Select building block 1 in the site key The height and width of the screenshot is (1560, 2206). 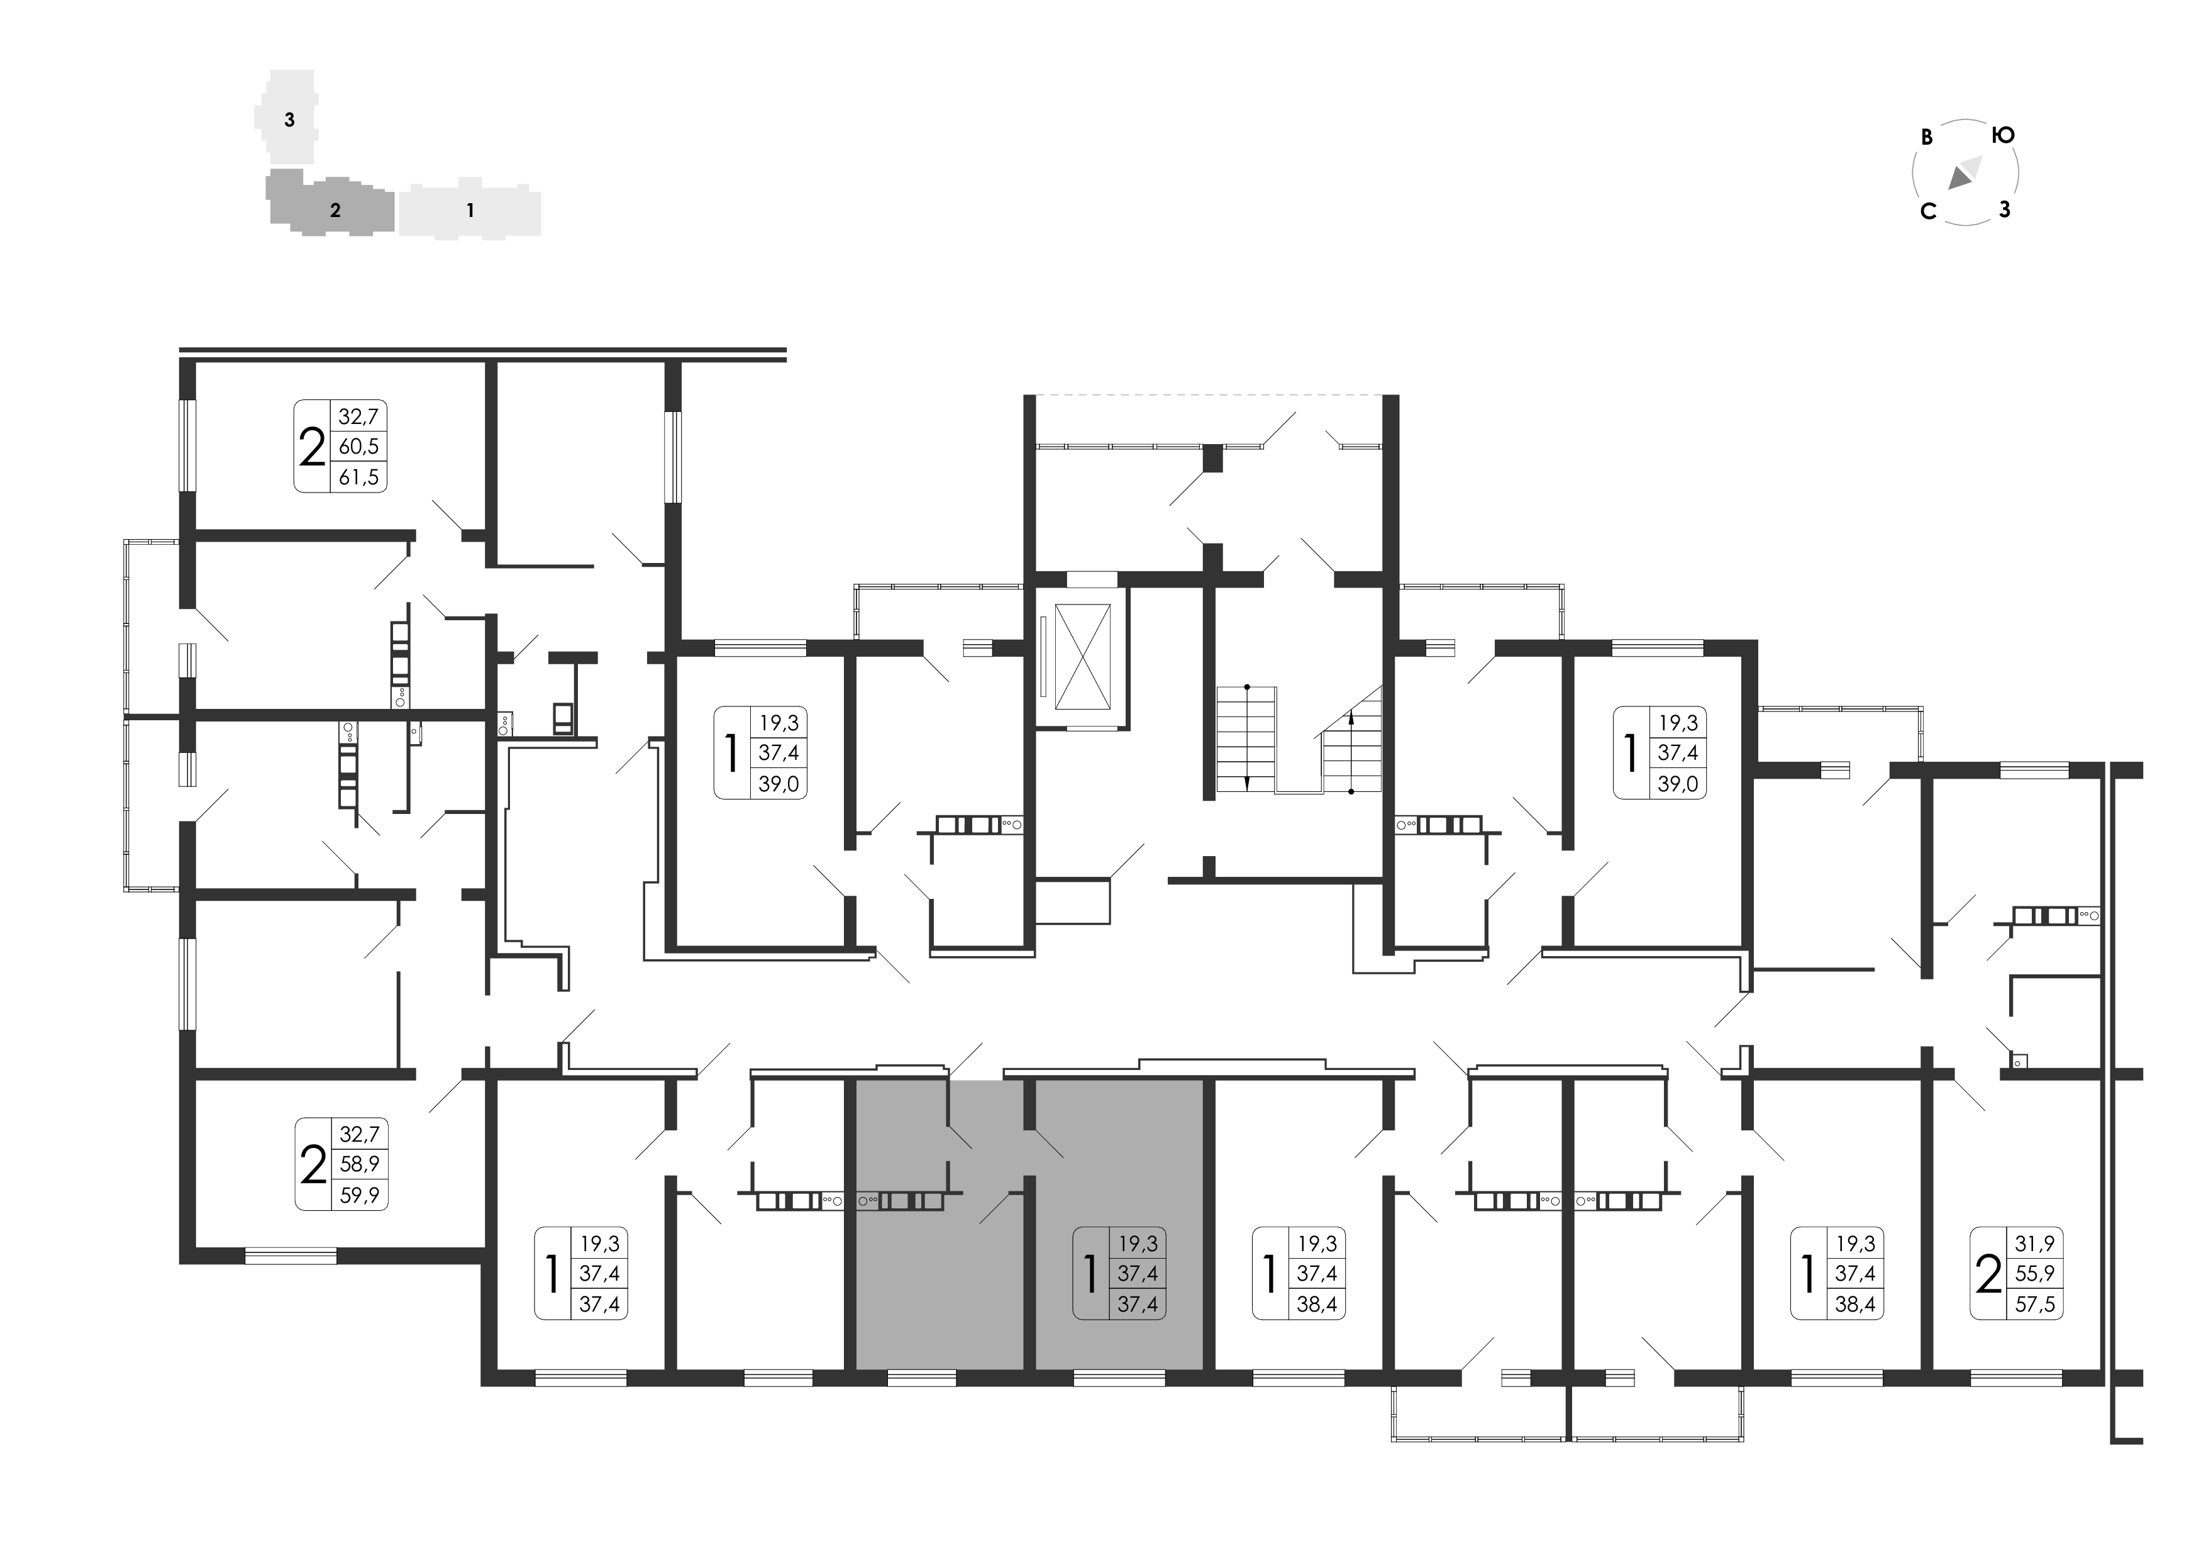coord(470,209)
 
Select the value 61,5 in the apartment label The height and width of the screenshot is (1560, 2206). coord(358,477)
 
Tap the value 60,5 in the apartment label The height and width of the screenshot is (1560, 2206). coord(358,446)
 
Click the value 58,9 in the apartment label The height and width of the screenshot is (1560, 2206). coord(359,1164)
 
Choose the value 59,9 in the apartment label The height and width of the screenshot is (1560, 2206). coord(359,1195)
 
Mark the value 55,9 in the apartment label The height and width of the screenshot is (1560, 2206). coord(2035,1274)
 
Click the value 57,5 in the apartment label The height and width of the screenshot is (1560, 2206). coord(2035,1305)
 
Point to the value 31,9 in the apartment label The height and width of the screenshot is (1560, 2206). coord(2035,1243)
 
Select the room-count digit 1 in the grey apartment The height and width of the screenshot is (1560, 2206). coord(1090,1274)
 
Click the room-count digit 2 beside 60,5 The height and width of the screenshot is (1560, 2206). coord(313,447)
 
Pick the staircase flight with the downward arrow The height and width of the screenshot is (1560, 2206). coord(1246,738)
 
